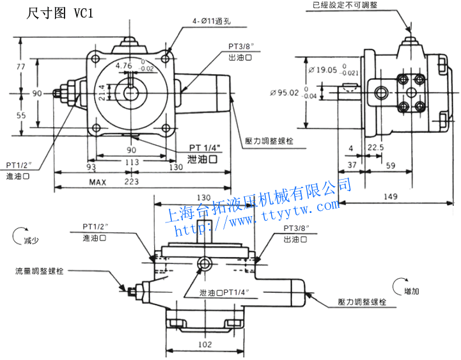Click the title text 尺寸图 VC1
coord(61,13)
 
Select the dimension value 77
coord(20,66)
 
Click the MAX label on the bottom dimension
coord(97,182)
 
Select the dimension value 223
coord(131,182)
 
